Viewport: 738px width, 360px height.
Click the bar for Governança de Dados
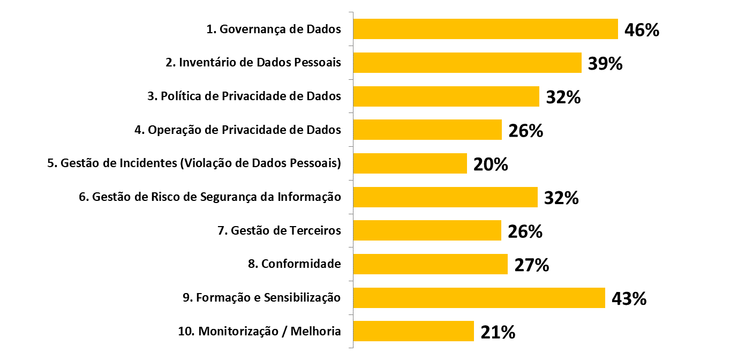[485, 29]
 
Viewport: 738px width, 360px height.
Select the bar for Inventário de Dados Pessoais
[467, 63]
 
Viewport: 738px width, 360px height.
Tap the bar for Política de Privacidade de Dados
[446, 96]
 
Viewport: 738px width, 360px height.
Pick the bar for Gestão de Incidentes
[410, 163]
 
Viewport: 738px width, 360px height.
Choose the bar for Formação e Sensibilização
[479, 298]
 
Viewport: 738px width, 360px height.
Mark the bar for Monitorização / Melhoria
[413, 331]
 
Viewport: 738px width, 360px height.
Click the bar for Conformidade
[430, 264]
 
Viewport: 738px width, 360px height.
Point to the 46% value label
[642, 30]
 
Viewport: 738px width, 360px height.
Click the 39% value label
[605, 64]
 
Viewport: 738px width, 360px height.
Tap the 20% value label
[491, 164]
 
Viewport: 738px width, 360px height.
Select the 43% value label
[629, 298]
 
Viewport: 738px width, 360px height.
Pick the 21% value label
[498, 332]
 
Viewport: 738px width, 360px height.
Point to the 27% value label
[531, 265]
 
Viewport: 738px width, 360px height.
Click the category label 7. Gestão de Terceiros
[279, 231]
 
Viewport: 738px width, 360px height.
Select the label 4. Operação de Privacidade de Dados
[237, 130]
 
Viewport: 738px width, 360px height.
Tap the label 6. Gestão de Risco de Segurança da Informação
[209, 197]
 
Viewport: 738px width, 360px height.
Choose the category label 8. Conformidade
[294, 264]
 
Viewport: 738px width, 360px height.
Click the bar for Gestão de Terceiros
[427, 230]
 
